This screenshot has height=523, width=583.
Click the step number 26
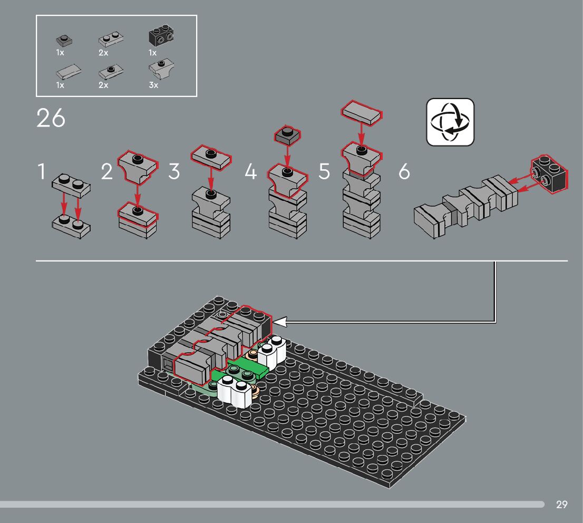pos(51,118)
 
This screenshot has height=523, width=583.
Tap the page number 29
pos(562,505)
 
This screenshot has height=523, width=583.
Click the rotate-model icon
pos(450,122)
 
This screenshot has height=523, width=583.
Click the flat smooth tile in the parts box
pos(69,72)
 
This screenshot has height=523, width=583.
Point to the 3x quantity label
pos(153,85)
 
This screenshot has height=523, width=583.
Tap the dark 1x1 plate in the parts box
pos(64,40)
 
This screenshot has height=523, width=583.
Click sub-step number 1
pos(42,171)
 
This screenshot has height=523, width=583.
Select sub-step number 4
pos(250,171)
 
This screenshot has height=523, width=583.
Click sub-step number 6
pos(404,171)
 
